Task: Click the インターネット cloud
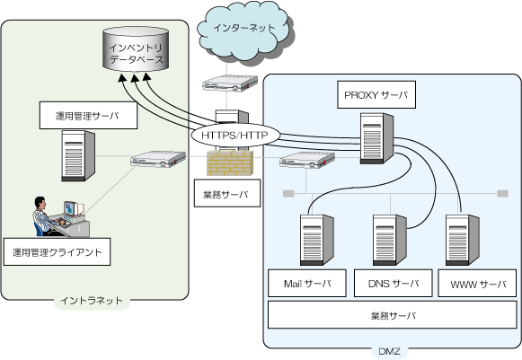[x=243, y=31]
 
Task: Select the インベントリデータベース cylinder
[x=136, y=49]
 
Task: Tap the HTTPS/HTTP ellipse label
[x=235, y=136]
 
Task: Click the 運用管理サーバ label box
[x=88, y=116]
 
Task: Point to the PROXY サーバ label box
[x=376, y=95]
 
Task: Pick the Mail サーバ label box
[x=307, y=283]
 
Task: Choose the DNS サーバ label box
[x=394, y=283]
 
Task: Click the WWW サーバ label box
[x=477, y=284]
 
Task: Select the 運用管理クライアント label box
[x=57, y=252]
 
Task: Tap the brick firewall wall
[x=230, y=162]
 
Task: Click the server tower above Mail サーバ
[x=316, y=240]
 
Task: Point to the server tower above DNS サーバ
[x=390, y=240]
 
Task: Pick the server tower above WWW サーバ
[x=463, y=240]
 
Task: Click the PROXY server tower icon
[x=376, y=138]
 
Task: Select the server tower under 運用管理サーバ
[x=78, y=155]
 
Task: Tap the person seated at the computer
[x=45, y=216]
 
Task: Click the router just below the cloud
[x=230, y=83]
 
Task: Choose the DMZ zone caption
[x=389, y=351]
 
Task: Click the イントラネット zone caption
[x=92, y=301]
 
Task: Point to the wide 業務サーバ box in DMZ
[x=392, y=315]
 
